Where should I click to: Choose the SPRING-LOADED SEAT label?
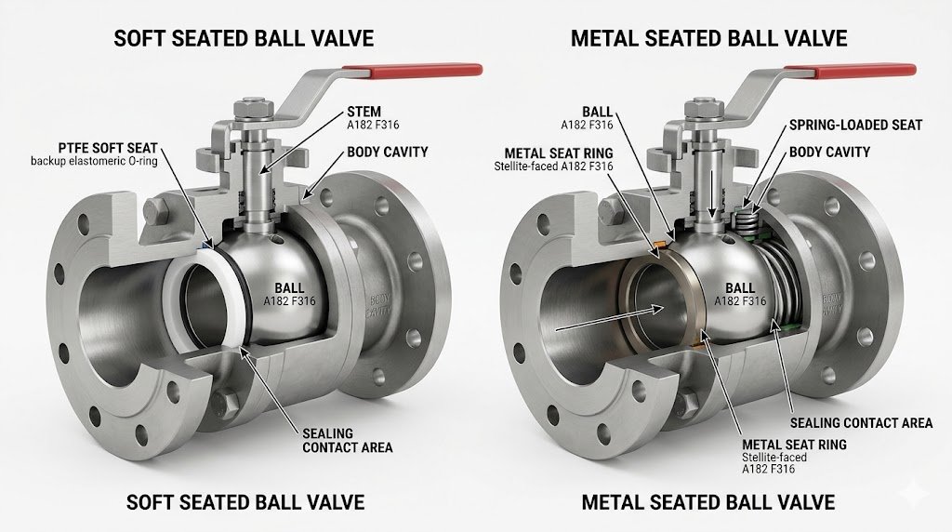click(x=854, y=125)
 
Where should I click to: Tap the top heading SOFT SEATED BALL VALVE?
click(x=243, y=38)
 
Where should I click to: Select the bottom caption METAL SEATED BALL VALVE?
click(x=707, y=502)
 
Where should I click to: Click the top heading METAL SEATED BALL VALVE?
click(x=708, y=38)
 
